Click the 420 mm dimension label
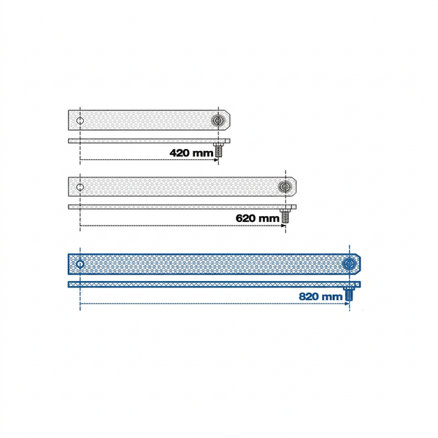[191, 153]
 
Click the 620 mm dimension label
[257, 218]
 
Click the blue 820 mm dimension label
[320, 296]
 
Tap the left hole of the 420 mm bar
[80, 121]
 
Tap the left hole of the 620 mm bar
[80, 187]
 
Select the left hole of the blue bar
[80, 264]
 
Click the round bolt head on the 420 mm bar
[218, 120]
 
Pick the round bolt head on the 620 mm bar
[285, 187]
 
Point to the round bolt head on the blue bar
[350, 264]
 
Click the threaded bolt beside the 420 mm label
[218, 150]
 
